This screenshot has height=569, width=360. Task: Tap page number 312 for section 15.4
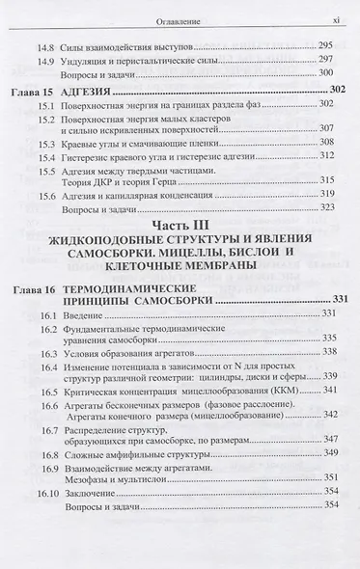325,155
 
